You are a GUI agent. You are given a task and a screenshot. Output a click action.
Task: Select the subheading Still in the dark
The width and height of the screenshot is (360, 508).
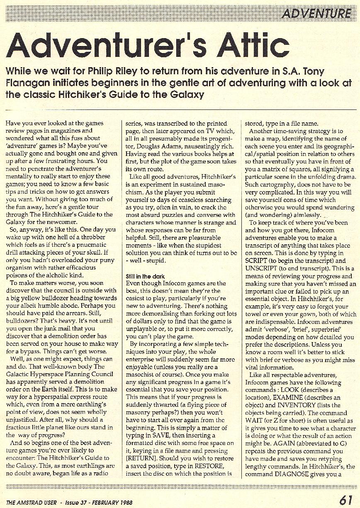tap(145, 276)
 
